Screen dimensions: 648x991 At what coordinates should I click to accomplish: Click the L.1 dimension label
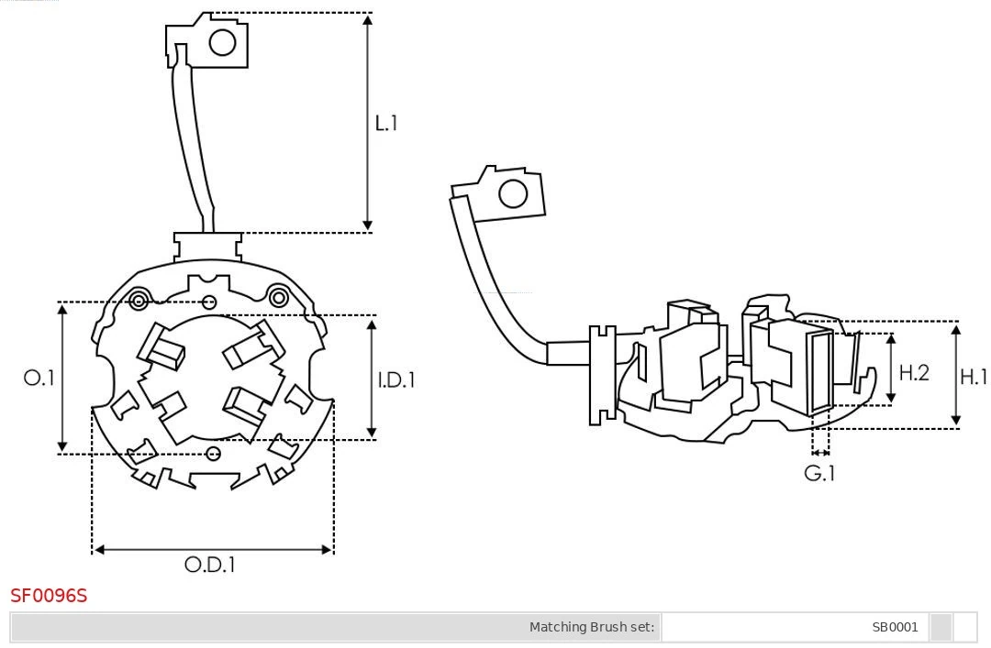[x=386, y=123]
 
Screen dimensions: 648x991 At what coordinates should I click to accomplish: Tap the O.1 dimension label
[x=39, y=378]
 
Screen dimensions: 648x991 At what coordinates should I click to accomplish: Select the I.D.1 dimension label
[x=396, y=379]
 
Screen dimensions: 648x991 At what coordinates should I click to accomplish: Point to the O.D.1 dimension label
[x=210, y=565]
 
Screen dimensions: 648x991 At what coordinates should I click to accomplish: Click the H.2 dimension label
[x=914, y=372]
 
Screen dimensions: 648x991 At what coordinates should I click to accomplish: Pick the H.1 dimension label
[x=973, y=376]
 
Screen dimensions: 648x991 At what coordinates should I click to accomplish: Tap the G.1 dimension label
[x=819, y=473]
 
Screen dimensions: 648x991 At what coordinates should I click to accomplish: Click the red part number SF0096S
[x=49, y=596]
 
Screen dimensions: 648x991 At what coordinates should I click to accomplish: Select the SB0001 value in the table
[x=895, y=628]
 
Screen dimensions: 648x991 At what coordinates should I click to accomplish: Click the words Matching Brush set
[x=592, y=628]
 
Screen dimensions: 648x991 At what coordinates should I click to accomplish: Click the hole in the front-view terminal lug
[x=222, y=42]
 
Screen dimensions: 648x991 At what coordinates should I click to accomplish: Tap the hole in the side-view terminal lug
[x=512, y=194]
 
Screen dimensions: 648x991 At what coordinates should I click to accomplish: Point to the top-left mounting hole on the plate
[x=139, y=300]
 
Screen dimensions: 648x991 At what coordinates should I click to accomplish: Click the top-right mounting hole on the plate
[x=278, y=296]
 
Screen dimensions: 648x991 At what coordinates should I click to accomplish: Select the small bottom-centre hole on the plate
[x=214, y=453]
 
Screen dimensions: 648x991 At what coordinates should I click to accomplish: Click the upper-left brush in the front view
[x=161, y=347]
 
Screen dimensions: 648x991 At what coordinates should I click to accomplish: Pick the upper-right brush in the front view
[x=251, y=346]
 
